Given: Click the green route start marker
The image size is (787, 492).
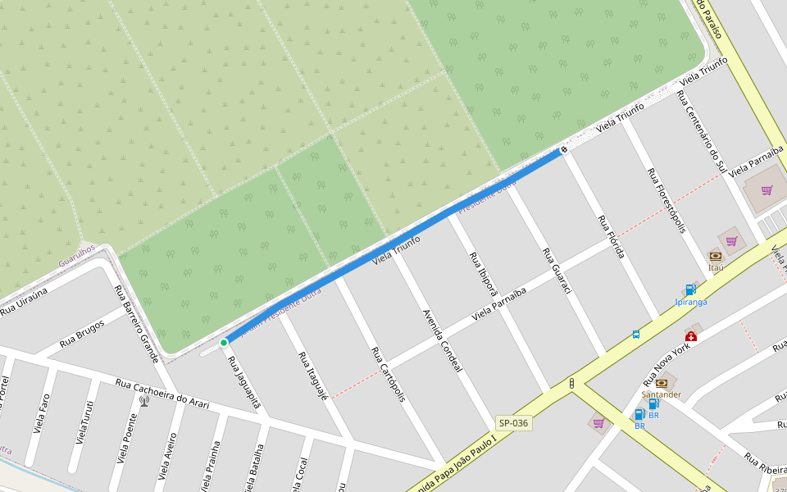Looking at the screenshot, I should click(x=224, y=342).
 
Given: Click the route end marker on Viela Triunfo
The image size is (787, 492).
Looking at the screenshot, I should click(x=564, y=150).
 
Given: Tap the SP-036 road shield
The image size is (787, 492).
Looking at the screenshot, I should click(x=513, y=423).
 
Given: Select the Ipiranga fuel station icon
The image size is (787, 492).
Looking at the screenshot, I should click(x=690, y=289).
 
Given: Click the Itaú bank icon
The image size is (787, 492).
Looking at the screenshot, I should click(x=716, y=256).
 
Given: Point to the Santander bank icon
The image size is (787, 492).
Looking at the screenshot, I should click(x=661, y=383).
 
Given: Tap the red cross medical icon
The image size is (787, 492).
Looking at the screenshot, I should click(x=691, y=336).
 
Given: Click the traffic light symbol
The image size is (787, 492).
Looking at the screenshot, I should click(x=571, y=383).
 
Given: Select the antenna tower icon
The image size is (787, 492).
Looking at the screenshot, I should click(x=144, y=401).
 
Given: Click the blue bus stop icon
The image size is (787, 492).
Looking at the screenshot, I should click(x=636, y=335).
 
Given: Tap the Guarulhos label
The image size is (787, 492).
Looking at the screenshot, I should click(x=77, y=255).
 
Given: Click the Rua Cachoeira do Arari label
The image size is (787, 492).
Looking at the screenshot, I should click(x=162, y=394).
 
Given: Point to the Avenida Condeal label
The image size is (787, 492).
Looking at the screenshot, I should click(x=443, y=340).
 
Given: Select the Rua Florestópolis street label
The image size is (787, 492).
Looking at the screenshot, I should click(x=666, y=202).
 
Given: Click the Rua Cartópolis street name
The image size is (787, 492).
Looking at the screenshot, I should click(x=389, y=374).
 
